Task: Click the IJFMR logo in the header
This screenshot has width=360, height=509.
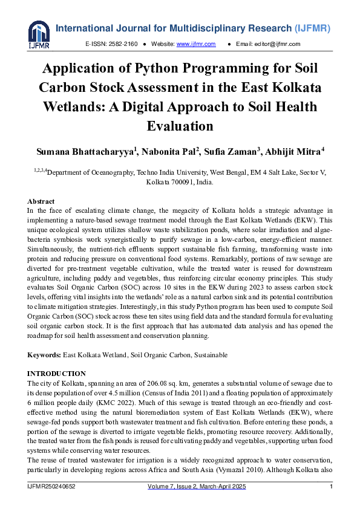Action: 39,34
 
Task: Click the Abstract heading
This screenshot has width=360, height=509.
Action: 41,201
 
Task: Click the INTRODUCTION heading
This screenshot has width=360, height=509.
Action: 57,374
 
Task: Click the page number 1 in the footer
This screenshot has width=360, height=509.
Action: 331,487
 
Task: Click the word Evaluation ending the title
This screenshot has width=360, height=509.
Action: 180,126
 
